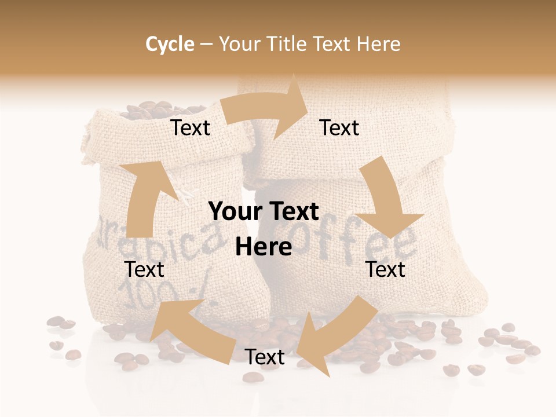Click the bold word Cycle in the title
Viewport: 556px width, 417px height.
[170, 44]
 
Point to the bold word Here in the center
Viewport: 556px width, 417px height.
[264, 247]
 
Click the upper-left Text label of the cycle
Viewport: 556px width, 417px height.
[191, 128]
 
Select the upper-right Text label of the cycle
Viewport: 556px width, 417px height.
[339, 128]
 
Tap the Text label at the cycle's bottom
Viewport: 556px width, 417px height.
[265, 357]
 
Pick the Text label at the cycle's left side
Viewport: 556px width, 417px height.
[144, 269]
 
